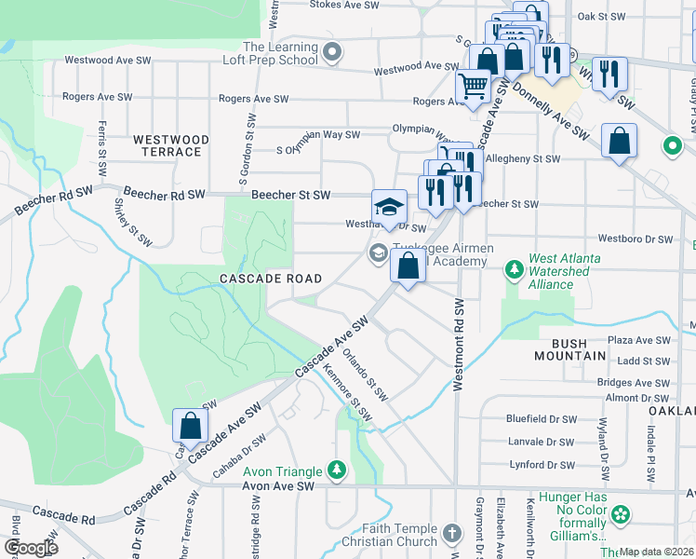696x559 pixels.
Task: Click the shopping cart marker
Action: click(x=474, y=87)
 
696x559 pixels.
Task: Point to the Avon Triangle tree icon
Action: click(x=336, y=470)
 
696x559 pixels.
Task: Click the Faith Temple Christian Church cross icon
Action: click(x=451, y=534)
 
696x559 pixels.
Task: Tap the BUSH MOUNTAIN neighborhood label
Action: click(x=573, y=349)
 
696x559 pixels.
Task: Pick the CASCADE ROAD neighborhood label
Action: click(x=271, y=279)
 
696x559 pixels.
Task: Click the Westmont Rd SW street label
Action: click(x=459, y=345)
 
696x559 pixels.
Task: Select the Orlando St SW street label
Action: click(x=364, y=371)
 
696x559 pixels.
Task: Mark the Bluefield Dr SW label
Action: click(x=541, y=419)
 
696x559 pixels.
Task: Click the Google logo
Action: click(x=30, y=548)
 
